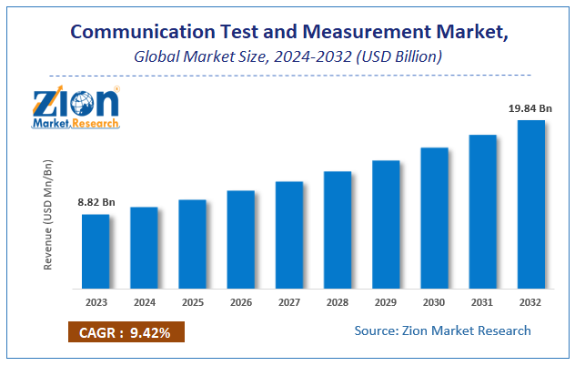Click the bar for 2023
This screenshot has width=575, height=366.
[96, 251]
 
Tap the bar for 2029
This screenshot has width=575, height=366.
[386, 224]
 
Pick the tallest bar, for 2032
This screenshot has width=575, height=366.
[531, 204]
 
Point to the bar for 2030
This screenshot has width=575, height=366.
[434, 218]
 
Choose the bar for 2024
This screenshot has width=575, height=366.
[144, 248]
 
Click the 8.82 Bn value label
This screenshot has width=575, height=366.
[95, 202]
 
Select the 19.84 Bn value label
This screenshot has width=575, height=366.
[530, 107]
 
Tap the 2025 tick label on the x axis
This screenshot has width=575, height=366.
[192, 301]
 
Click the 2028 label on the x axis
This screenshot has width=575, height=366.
[338, 301]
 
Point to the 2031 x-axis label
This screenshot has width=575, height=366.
[482, 301]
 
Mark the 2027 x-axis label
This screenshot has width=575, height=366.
[289, 301]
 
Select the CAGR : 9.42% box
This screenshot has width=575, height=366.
[126, 332]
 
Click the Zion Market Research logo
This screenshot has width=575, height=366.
[76, 107]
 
